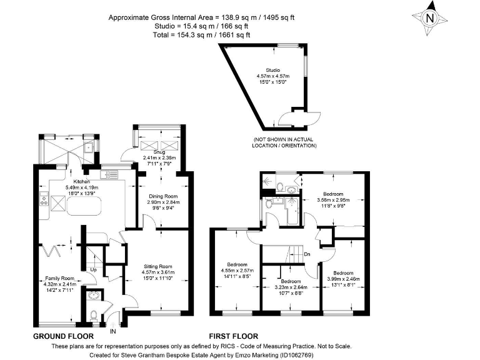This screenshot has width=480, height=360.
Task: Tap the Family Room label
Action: pos(59,277)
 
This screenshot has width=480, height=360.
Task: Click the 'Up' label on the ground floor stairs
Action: pos(93,270)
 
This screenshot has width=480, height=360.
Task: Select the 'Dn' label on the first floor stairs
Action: pos(306,254)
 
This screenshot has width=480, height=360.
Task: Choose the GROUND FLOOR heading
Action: pos(63,336)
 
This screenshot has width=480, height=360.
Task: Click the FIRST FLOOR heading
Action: pos(233,336)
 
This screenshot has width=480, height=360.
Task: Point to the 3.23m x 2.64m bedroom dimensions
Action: pos(291,287)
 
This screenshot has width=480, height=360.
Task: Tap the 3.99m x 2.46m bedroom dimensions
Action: pos(342,279)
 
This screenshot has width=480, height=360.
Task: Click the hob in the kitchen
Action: pos(44,201)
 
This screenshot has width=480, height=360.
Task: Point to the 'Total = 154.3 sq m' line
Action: pos(201,35)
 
